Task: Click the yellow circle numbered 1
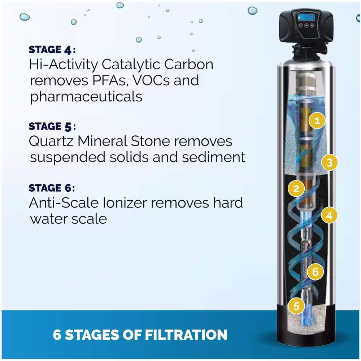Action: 317,121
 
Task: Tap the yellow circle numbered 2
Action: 296,188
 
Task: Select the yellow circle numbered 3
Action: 330,162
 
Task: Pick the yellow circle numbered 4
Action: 330,215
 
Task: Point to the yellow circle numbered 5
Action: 296,306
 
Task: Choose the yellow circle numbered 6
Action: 315,272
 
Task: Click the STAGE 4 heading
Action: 52,50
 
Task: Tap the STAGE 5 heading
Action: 52,127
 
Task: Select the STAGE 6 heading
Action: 52,188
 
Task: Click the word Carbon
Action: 188,64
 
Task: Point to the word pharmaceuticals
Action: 86,97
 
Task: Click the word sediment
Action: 213,157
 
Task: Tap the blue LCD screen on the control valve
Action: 306,17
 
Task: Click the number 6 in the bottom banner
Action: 57,335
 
